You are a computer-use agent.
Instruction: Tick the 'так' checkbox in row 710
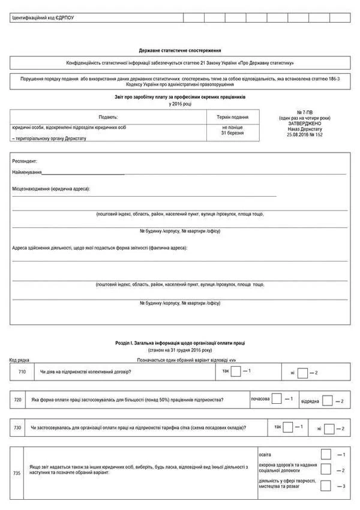point(236,371)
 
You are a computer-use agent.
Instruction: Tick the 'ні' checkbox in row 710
point(303,373)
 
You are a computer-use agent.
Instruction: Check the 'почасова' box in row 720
point(278,399)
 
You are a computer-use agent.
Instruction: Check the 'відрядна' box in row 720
point(328,400)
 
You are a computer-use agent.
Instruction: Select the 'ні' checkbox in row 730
point(329,428)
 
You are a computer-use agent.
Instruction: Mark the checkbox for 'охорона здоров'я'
point(326,469)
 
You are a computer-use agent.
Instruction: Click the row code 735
point(17,473)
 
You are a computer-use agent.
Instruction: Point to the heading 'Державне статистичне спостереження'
point(179,51)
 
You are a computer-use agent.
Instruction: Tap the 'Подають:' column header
point(108,117)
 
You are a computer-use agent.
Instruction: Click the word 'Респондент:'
point(25,161)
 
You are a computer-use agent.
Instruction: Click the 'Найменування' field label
point(27,173)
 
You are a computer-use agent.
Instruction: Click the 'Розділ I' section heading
point(179,343)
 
